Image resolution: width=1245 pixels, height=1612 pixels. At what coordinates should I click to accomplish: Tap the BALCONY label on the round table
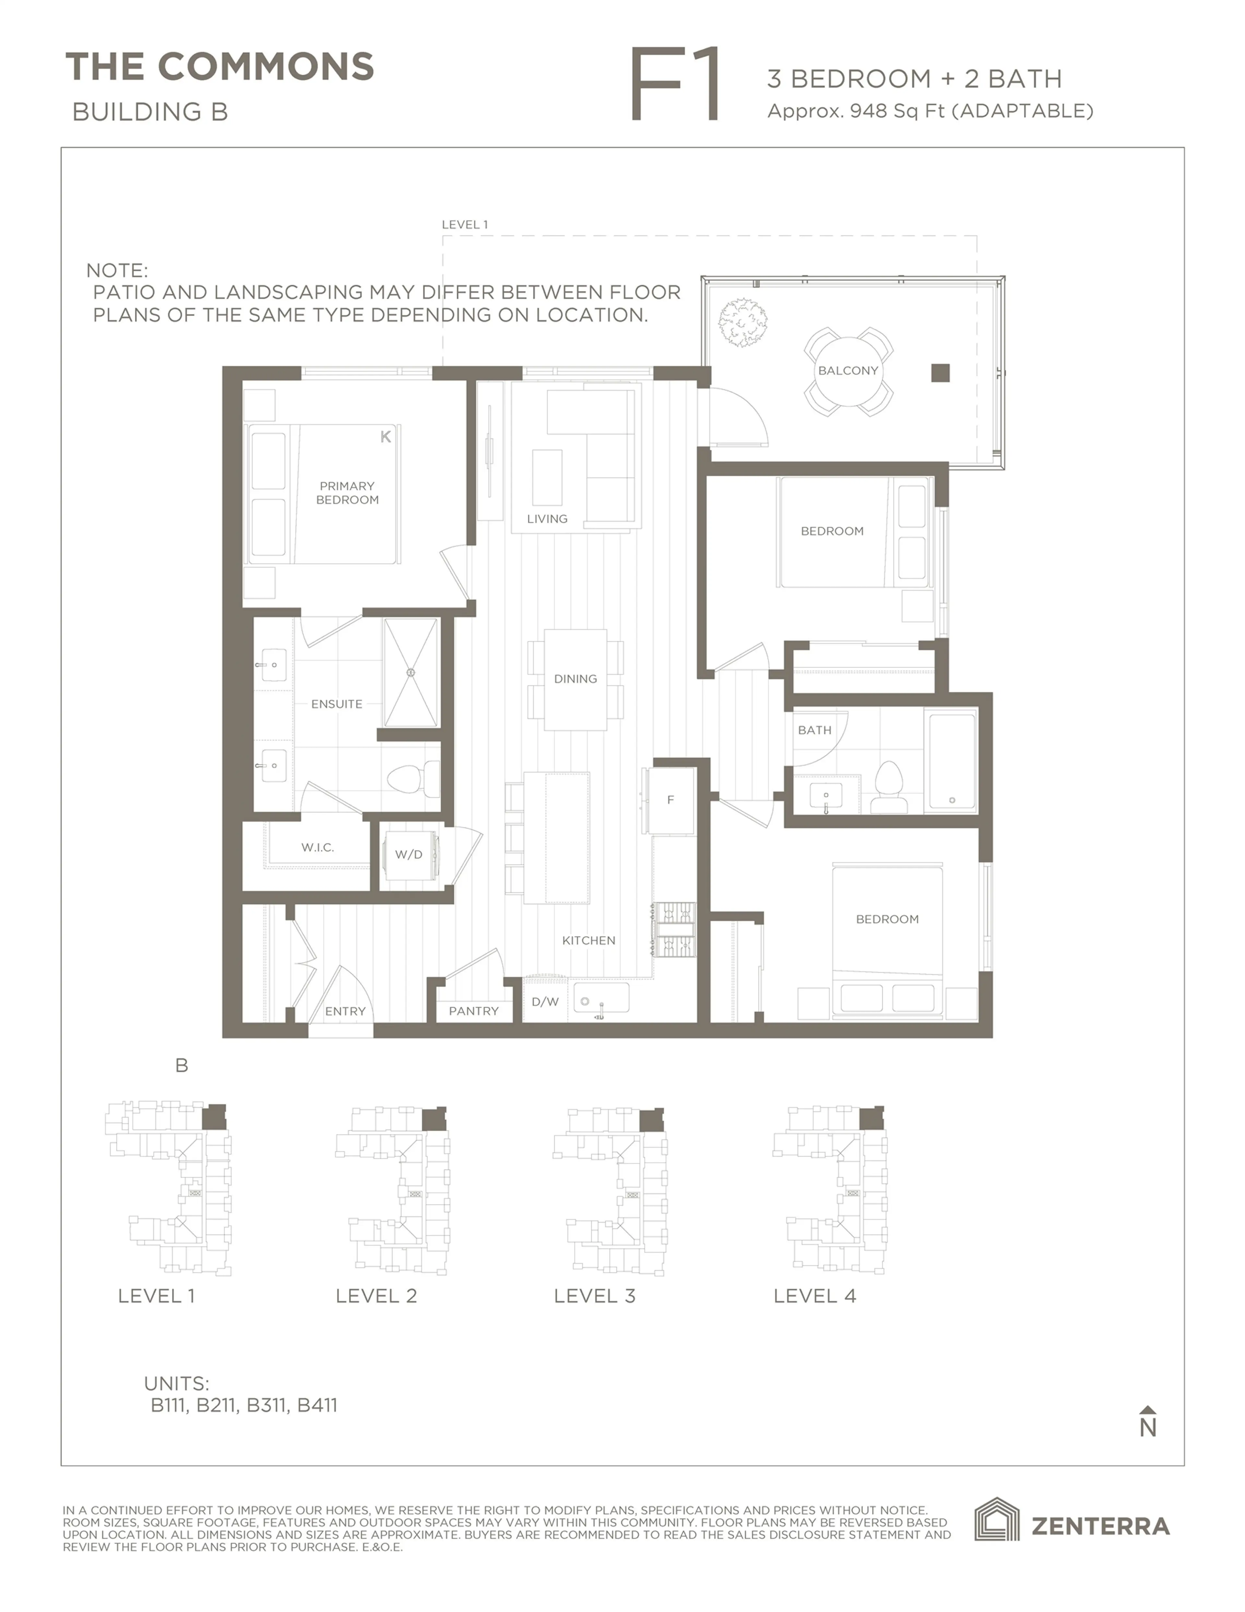point(848,370)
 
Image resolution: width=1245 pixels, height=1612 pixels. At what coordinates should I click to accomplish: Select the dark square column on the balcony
point(940,373)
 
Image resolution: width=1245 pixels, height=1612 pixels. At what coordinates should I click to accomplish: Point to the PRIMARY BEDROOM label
point(347,492)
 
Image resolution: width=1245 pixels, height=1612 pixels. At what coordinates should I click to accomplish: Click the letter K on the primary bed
point(385,437)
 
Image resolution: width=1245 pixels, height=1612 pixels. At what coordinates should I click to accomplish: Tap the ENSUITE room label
point(337,704)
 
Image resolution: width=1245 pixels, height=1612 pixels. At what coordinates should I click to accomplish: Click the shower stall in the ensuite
point(410,672)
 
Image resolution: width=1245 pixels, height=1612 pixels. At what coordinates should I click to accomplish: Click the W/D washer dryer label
point(408,855)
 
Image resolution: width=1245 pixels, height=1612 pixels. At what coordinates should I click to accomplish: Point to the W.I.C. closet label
point(317,847)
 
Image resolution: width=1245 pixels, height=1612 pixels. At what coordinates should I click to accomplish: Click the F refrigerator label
point(670,800)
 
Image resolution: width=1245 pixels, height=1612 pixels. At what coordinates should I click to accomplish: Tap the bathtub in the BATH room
point(951,760)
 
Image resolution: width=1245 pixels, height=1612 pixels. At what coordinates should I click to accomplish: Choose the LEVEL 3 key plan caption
point(594,1296)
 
